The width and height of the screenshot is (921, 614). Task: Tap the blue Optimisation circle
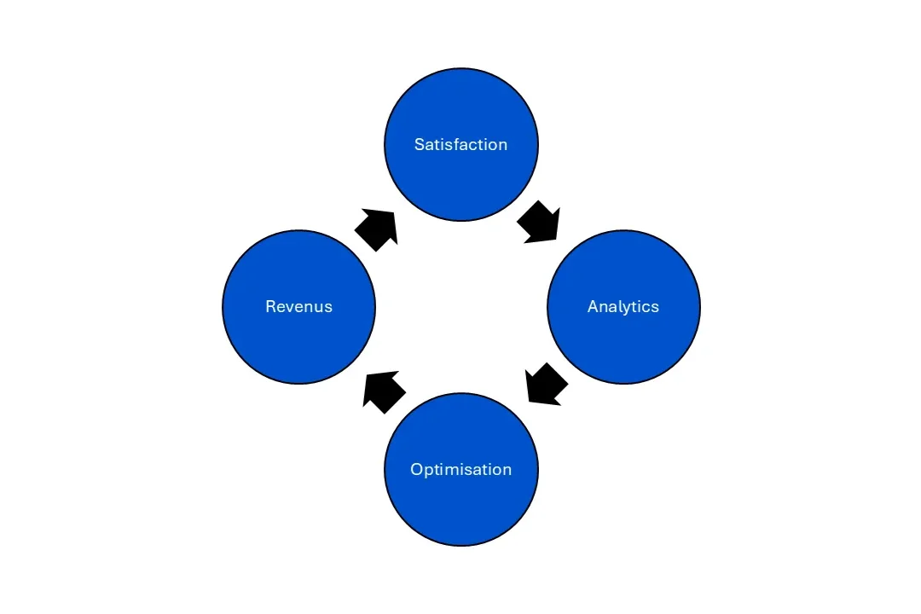coord(461,503)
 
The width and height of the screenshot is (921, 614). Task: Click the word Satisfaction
coord(460,145)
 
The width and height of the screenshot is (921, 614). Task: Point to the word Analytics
coord(623,307)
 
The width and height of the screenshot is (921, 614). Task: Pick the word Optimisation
coord(460,470)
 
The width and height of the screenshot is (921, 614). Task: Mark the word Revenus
coord(298,307)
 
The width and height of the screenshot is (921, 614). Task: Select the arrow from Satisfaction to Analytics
coord(539,223)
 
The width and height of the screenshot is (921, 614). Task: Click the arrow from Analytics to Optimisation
coord(546,384)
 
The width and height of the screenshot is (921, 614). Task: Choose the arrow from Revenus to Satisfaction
coord(376,229)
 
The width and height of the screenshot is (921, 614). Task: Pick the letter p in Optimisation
coord(428,472)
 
